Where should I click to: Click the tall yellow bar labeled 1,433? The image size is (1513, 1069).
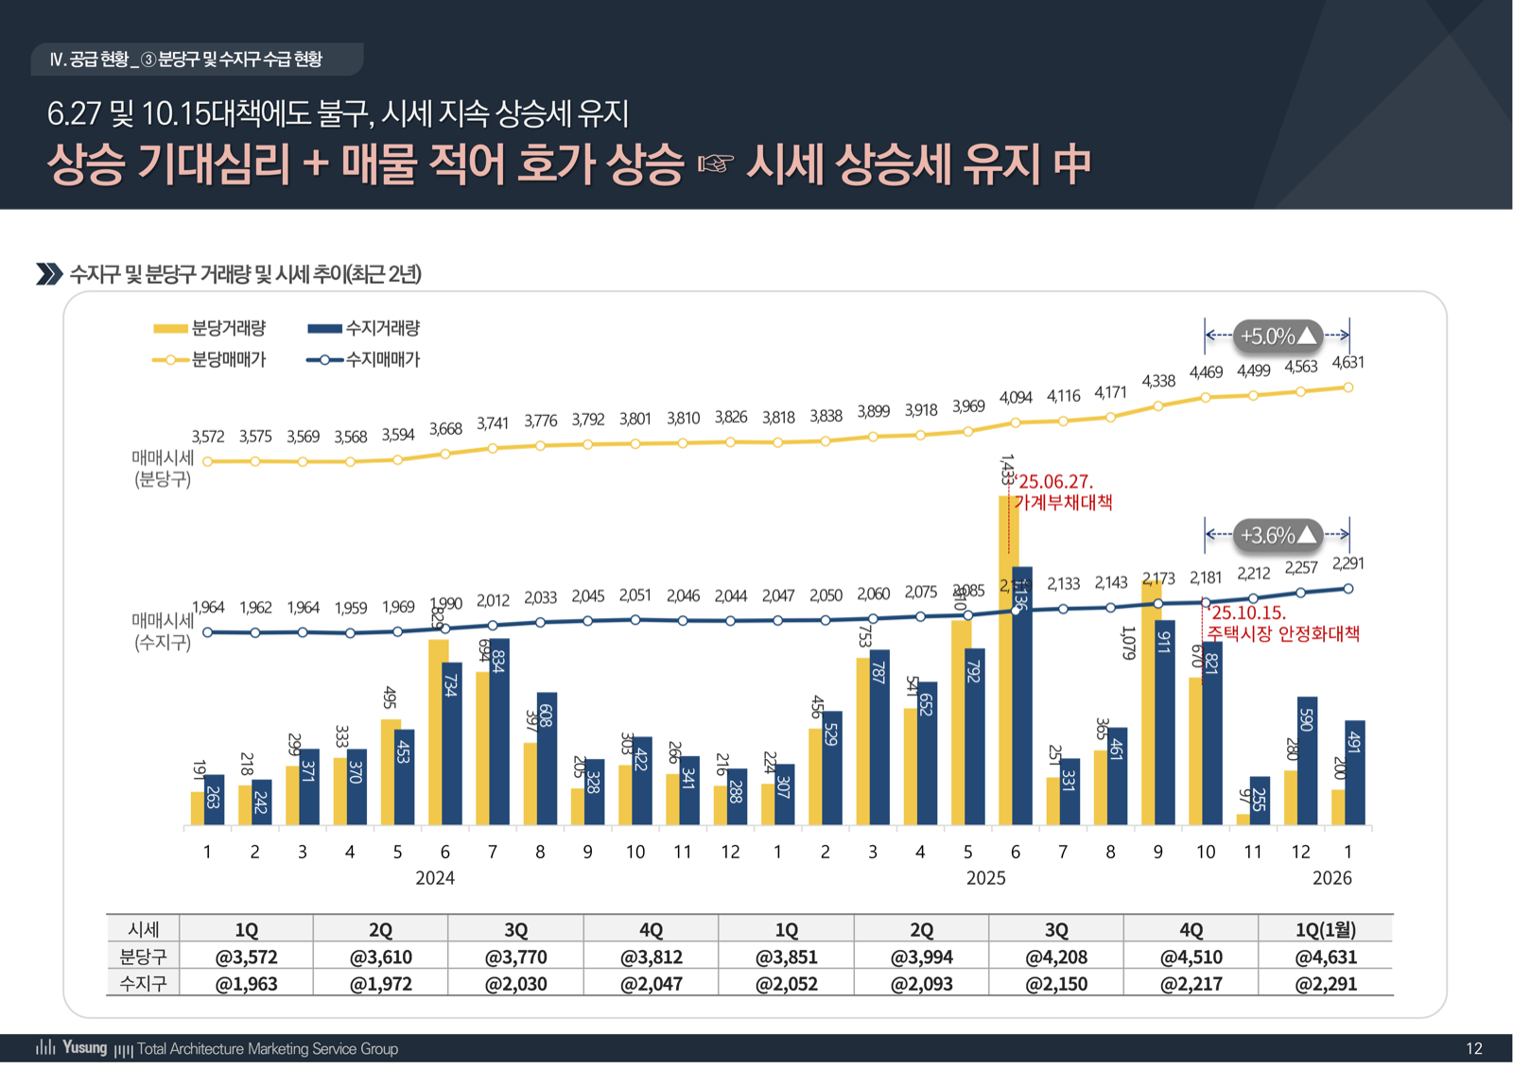[x=1007, y=662]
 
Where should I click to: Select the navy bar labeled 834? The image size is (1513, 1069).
[x=499, y=733]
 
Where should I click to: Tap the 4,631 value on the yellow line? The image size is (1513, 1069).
[x=1348, y=363]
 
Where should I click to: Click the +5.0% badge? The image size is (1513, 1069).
[x=1278, y=336]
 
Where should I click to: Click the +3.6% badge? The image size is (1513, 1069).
[x=1278, y=535]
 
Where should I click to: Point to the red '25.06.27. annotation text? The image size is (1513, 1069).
[x=1055, y=482]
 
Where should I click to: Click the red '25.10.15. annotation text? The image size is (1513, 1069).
[x=1248, y=612]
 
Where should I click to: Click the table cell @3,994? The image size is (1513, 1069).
[x=921, y=957]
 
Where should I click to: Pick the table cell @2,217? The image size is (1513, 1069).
[x=1191, y=984]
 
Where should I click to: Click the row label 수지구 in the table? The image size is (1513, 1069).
[x=143, y=984]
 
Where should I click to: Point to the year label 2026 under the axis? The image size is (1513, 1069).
[x=1331, y=878]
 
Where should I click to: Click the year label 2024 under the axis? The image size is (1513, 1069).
[x=435, y=878]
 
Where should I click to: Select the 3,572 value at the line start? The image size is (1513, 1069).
[x=207, y=437]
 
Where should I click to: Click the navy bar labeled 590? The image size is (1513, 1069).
[x=1307, y=761]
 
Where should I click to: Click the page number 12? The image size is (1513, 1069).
[x=1473, y=1048]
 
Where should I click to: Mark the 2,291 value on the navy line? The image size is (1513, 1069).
[x=1348, y=564]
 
